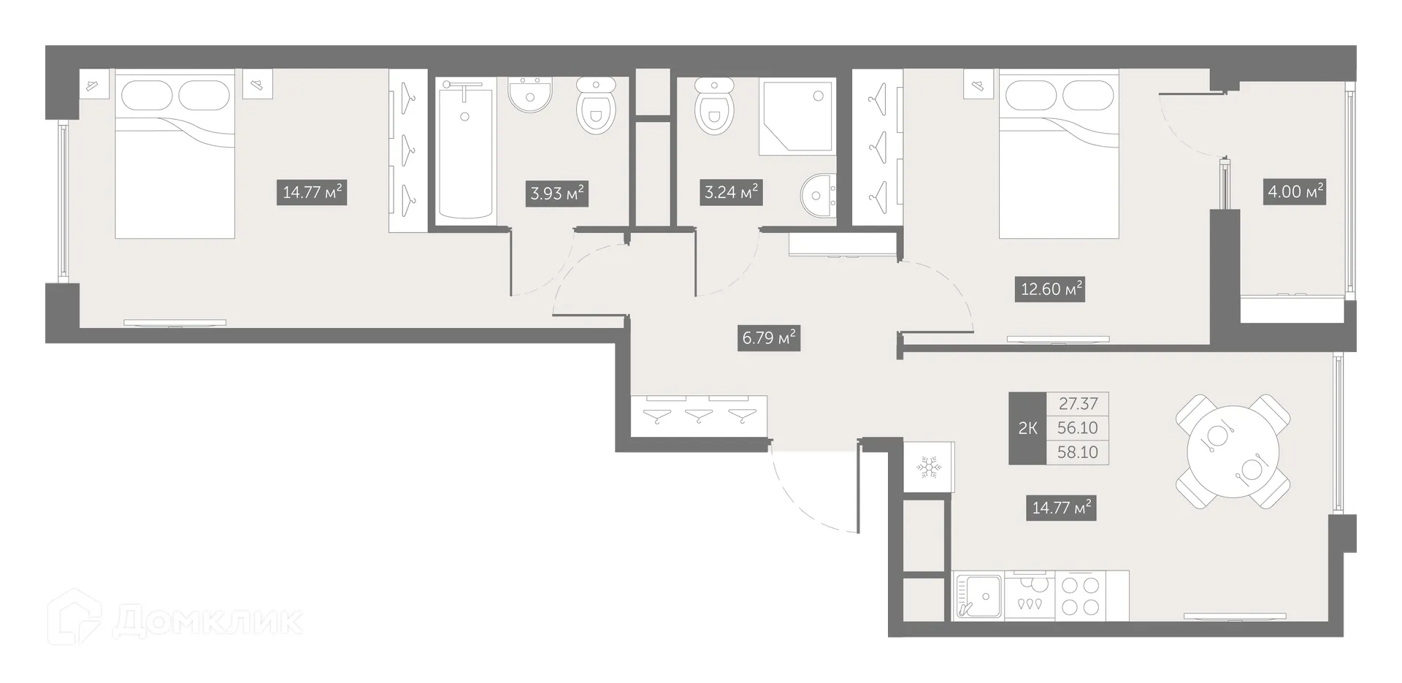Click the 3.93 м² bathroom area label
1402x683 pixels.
[x=557, y=194]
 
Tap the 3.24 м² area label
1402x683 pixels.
[x=730, y=193]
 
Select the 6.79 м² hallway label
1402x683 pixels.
[x=769, y=338]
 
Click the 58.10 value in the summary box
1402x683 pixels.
[x=1077, y=452]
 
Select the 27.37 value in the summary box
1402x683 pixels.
[x=1077, y=404]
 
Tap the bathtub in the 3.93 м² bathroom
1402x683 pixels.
[x=466, y=150]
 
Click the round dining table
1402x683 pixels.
[x=1233, y=451]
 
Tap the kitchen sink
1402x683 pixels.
[x=978, y=595]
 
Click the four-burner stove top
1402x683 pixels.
[x=1081, y=595]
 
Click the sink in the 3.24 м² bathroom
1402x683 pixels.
[x=819, y=196]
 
